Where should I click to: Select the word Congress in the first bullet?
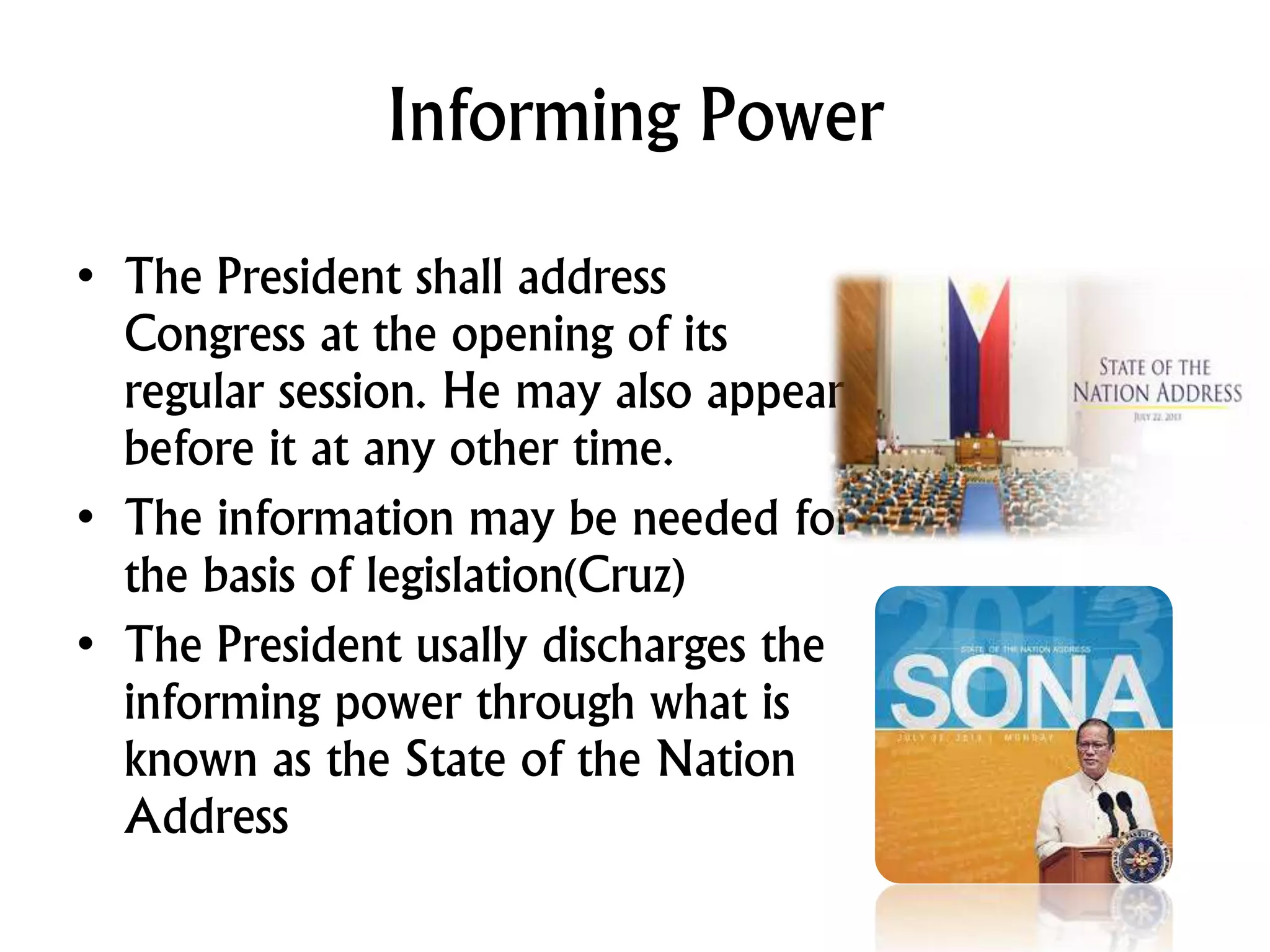click(x=215, y=334)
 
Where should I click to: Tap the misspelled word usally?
click(x=471, y=645)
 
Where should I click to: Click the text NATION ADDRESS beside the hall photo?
click(x=1157, y=394)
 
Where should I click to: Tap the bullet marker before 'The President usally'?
click(x=86, y=645)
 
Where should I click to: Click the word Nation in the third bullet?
click(x=726, y=760)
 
